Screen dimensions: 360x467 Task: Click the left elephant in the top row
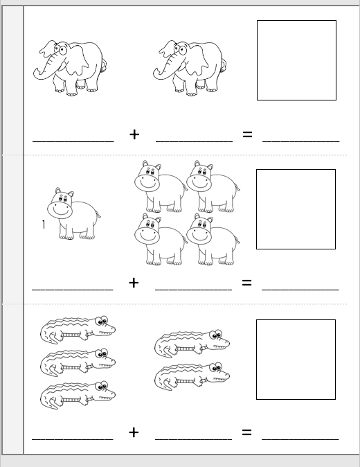coord(70,68)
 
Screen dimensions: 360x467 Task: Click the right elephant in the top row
coord(190,68)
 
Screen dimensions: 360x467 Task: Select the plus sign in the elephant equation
coord(134,134)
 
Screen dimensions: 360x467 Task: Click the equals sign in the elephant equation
coord(247,134)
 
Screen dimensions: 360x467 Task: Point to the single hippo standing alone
coord(74,213)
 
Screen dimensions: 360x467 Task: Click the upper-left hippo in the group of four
coord(161,186)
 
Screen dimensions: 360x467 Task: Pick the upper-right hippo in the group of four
coord(213,186)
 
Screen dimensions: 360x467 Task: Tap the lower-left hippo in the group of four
coord(161,239)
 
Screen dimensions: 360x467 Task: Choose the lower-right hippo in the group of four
coord(213,239)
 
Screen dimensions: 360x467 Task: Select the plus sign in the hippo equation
coord(134,283)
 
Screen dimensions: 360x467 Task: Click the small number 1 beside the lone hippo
coord(44,224)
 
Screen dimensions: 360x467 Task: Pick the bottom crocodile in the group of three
coord(78,394)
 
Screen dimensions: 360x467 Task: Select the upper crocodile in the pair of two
coord(192,344)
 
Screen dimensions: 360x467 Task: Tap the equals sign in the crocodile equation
coord(246,432)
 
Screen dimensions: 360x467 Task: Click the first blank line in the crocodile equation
coord(73,439)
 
